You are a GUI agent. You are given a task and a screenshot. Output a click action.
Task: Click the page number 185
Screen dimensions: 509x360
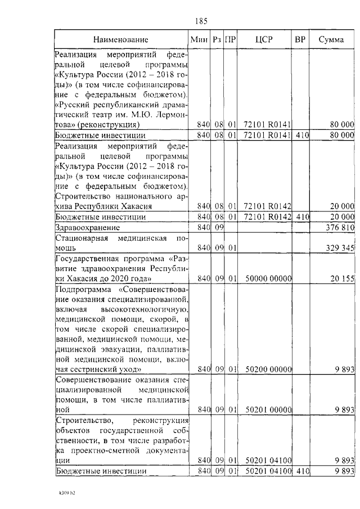[x=201, y=21]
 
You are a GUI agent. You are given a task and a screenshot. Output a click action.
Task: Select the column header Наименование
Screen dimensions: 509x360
[x=121, y=40]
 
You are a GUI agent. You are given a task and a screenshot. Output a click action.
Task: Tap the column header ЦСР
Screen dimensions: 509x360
[x=264, y=40]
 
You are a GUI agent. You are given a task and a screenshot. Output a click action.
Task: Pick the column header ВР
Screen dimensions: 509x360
[x=300, y=40]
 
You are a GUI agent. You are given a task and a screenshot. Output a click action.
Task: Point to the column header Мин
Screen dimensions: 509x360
[x=200, y=40]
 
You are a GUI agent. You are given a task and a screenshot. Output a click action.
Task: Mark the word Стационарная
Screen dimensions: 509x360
[x=84, y=238]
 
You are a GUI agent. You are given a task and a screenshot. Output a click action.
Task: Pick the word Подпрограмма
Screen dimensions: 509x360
[x=82, y=290]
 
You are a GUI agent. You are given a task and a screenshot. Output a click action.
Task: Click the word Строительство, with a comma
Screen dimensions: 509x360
[x=85, y=420]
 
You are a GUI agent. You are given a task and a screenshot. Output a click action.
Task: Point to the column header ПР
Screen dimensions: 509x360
[x=229, y=40]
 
